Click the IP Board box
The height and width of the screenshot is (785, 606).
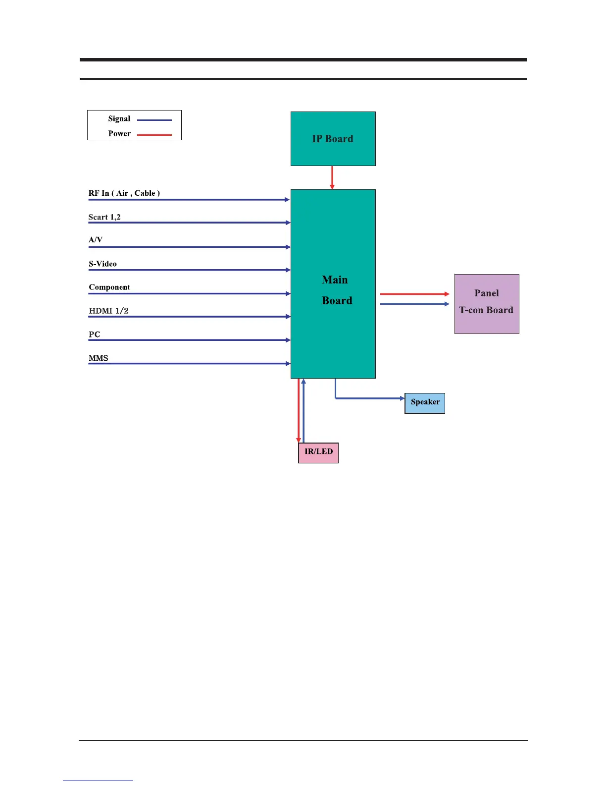pyautogui.click(x=333, y=139)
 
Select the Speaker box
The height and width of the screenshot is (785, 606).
pyautogui.click(x=425, y=402)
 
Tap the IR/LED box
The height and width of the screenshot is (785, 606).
pyautogui.click(x=318, y=452)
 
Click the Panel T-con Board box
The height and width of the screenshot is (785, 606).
pyautogui.click(x=487, y=304)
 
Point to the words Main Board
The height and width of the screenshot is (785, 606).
pyautogui.click(x=336, y=290)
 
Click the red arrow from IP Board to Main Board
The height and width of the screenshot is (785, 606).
pyautogui.click(x=332, y=177)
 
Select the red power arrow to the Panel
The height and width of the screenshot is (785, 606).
pyautogui.click(x=414, y=294)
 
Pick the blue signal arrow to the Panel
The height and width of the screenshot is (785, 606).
pyautogui.click(x=414, y=304)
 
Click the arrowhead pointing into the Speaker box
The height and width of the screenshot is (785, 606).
pyautogui.click(x=402, y=398)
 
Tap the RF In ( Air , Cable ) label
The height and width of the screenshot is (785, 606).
pyautogui.click(x=124, y=193)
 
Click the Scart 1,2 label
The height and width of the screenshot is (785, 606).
pyautogui.click(x=104, y=217)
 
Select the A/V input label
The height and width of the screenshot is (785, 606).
pyautogui.click(x=96, y=240)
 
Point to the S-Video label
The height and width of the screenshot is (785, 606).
pyautogui.click(x=103, y=264)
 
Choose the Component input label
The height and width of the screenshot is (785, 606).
pyautogui.click(x=109, y=287)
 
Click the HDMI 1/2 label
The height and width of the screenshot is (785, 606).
pyautogui.click(x=108, y=311)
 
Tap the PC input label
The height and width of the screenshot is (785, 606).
pyautogui.click(x=95, y=335)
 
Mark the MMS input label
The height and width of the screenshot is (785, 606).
pyautogui.click(x=99, y=358)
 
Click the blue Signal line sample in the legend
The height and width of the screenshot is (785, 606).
pyautogui.click(x=154, y=120)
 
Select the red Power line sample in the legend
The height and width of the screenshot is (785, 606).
pyautogui.click(x=154, y=135)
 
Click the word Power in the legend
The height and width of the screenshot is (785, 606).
pyautogui.click(x=119, y=134)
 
